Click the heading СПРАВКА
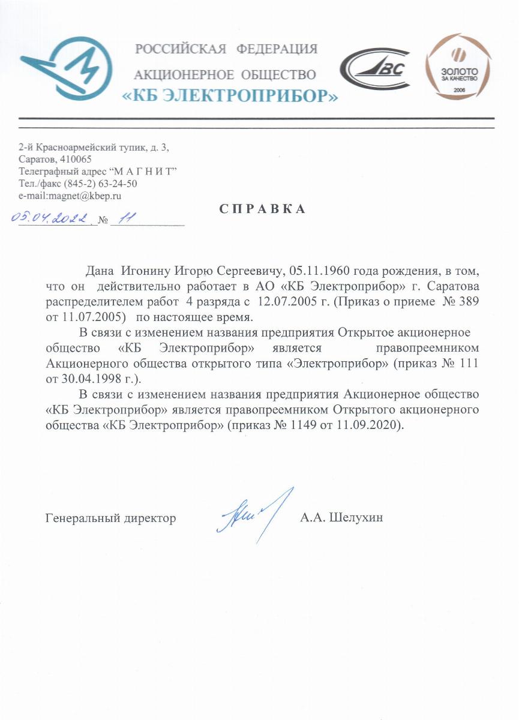click(262, 209)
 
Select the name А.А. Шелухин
click(341, 518)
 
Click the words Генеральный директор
click(111, 518)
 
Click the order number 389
click(469, 301)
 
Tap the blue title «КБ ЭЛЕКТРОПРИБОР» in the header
click(230, 96)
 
